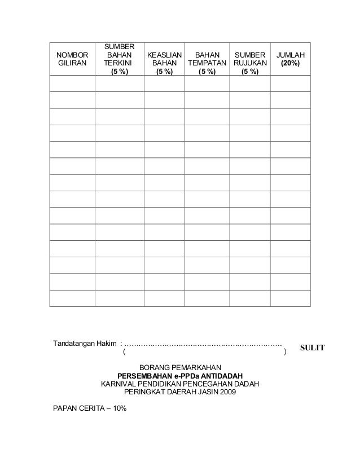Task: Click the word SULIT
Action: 312,348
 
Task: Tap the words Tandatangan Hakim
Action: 85,344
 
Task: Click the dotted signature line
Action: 203,344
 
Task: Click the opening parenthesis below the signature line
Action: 124,353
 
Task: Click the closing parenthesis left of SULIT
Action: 285,353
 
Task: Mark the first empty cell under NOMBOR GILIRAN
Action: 72,83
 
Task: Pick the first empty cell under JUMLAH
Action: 290,83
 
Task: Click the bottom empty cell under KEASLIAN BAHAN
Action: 164,298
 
